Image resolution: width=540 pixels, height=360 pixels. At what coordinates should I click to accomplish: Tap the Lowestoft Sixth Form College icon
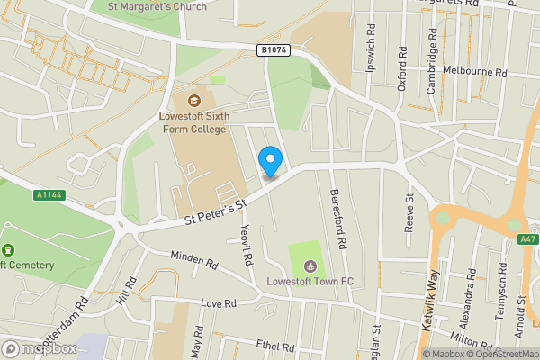click(x=195, y=100)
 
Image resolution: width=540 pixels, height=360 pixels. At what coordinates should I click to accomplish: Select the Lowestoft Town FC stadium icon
click(x=310, y=265)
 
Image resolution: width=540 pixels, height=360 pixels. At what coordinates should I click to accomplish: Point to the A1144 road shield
click(x=51, y=193)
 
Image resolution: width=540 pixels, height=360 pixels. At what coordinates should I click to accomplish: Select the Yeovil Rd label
click(x=244, y=244)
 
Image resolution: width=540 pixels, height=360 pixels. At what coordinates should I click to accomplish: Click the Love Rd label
click(x=218, y=303)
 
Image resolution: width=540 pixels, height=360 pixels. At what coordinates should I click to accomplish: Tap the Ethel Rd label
click(x=275, y=346)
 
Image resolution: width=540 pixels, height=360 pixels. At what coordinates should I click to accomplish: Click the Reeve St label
click(x=409, y=212)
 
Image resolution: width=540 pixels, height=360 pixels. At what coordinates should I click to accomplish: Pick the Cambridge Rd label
click(x=433, y=54)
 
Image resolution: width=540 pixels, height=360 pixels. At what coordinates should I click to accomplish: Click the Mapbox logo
click(x=38, y=348)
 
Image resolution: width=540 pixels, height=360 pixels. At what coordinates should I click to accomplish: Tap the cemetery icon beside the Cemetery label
click(x=9, y=249)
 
